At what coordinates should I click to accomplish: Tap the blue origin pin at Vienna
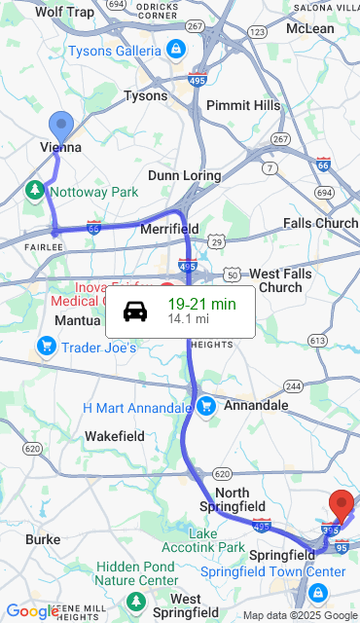tap(61, 127)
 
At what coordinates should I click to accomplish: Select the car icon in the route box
tap(135, 311)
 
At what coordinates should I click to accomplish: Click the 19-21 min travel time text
tap(201, 304)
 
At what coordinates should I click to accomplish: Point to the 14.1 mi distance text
tap(188, 318)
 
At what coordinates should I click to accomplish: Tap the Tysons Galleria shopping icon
tap(175, 49)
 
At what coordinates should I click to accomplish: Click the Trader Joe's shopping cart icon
tap(46, 346)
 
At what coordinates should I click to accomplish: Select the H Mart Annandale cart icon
tap(205, 406)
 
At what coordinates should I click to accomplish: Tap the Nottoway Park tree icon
tap(36, 190)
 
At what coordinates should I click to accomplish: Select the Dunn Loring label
tap(185, 175)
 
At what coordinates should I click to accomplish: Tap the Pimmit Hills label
tap(243, 105)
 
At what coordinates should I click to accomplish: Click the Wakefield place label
tap(115, 435)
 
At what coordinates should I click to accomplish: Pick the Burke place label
tap(43, 538)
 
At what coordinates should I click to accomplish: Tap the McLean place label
tap(310, 28)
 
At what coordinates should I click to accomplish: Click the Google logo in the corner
tap(32, 612)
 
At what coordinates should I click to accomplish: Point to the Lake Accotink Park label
tap(217, 540)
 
